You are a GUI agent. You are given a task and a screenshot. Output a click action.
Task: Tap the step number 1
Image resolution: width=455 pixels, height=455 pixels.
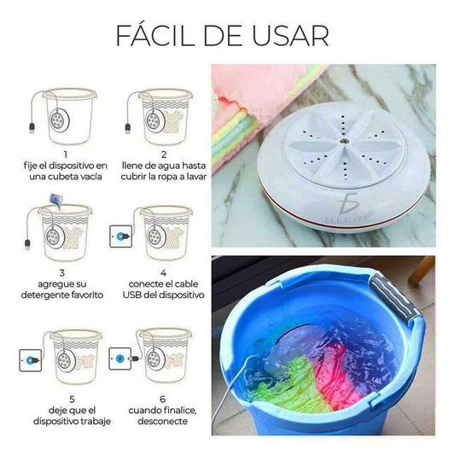coord(66,155)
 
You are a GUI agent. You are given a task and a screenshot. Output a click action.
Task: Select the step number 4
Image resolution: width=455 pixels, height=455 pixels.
coord(163,273)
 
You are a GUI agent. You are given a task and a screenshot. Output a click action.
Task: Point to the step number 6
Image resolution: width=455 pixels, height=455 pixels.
coord(163,399)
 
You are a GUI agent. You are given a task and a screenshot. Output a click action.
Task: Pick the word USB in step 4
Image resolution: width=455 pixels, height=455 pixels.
coord(132,295)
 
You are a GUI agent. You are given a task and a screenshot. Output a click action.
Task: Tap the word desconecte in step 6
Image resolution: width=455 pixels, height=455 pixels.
coord(162,421)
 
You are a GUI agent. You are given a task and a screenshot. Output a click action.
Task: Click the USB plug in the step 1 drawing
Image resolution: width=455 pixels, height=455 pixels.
coord(32,128)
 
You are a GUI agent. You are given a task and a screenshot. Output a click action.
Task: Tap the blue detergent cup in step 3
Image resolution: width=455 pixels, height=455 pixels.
coord(57,201)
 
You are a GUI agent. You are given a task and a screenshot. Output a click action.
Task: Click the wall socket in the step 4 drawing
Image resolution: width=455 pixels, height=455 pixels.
coord(120,236)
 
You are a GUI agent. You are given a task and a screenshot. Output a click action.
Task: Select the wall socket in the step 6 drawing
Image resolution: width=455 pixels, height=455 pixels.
coord(120,359)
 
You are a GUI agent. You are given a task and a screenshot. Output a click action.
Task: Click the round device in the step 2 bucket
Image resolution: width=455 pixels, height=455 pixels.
coord(154,120)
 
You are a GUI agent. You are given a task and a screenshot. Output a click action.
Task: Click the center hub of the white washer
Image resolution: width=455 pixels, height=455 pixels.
coord(345,142)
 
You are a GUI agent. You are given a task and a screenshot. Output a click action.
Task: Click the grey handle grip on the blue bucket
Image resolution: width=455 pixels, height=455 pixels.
coord(394,299)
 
